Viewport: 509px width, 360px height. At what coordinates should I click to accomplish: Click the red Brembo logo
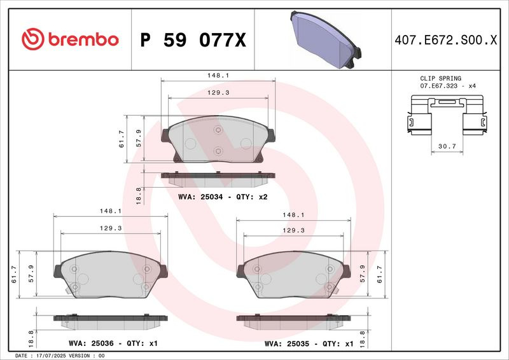70,39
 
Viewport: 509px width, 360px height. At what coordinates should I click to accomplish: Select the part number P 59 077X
193,40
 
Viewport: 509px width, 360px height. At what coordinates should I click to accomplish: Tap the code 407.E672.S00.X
446,40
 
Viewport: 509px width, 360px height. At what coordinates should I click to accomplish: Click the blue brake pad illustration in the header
326,39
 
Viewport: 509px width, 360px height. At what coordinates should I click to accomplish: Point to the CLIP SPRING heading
440,78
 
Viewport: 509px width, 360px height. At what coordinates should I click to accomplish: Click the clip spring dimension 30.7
447,146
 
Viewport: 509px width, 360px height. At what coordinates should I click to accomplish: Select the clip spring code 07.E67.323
438,86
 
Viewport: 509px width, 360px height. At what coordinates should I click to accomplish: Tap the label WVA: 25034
200,197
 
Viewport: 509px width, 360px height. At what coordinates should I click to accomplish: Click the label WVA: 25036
91,343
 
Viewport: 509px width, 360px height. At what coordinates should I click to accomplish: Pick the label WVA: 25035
287,343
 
